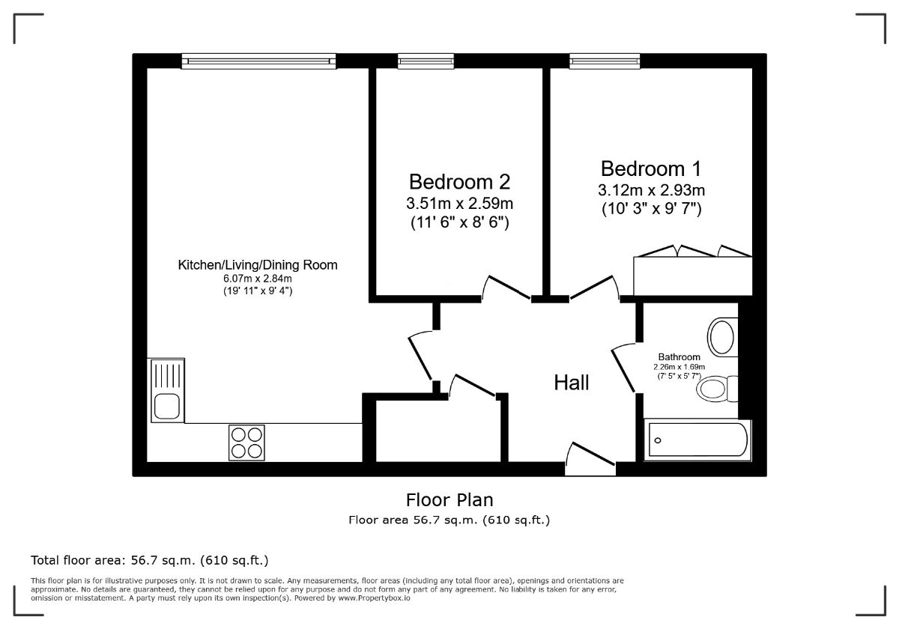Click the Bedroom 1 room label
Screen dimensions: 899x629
pos(651,168)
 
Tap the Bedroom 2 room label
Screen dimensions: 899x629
pos(459,182)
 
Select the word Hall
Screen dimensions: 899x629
pos(572,383)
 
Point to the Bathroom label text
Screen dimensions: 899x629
pos(679,356)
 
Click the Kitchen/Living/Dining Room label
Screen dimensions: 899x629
pos(258,265)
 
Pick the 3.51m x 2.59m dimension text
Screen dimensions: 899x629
pos(459,204)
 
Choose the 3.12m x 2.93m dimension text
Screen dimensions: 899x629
pos(651,190)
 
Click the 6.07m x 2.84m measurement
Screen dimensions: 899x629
pos(258,279)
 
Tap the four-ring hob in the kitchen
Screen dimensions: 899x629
pos(246,443)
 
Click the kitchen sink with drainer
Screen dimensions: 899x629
pos(168,390)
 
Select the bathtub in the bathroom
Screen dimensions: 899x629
pos(697,440)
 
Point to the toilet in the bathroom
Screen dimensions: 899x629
pos(718,389)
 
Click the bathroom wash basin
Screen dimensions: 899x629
pos(722,337)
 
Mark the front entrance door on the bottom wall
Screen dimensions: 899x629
pos(590,460)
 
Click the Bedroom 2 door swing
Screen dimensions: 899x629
pos(506,288)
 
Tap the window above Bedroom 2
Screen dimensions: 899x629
pos(426,61)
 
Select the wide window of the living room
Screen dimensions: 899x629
pos(258,61)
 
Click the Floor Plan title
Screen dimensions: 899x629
pos(449,500)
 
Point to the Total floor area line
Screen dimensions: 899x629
pos(150,560)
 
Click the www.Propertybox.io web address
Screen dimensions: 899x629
pos(374,598)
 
